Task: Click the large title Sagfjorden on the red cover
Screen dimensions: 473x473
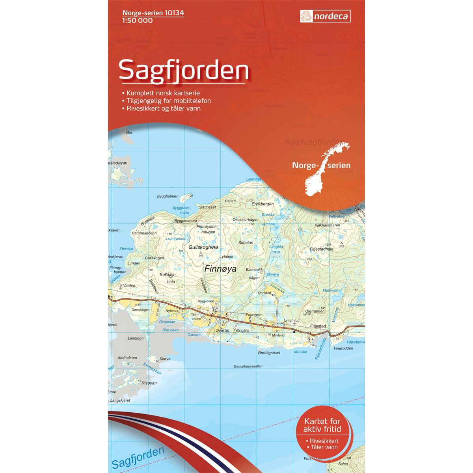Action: tap(183, 70)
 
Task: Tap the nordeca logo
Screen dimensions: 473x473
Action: tap(325, 17)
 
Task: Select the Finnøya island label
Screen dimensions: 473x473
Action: tap(220, 269)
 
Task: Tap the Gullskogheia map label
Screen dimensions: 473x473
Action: tap(203, 247)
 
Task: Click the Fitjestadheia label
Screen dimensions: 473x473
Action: tap(321, 249)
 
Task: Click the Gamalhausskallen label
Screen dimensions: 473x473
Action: tap(254, 366)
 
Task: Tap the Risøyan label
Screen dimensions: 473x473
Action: tap(149, 383)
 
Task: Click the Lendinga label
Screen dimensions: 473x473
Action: tap(136, 338)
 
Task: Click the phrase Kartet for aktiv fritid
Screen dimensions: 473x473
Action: tap(322, 426)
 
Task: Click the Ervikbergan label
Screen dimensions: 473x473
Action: tap(262, 204)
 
